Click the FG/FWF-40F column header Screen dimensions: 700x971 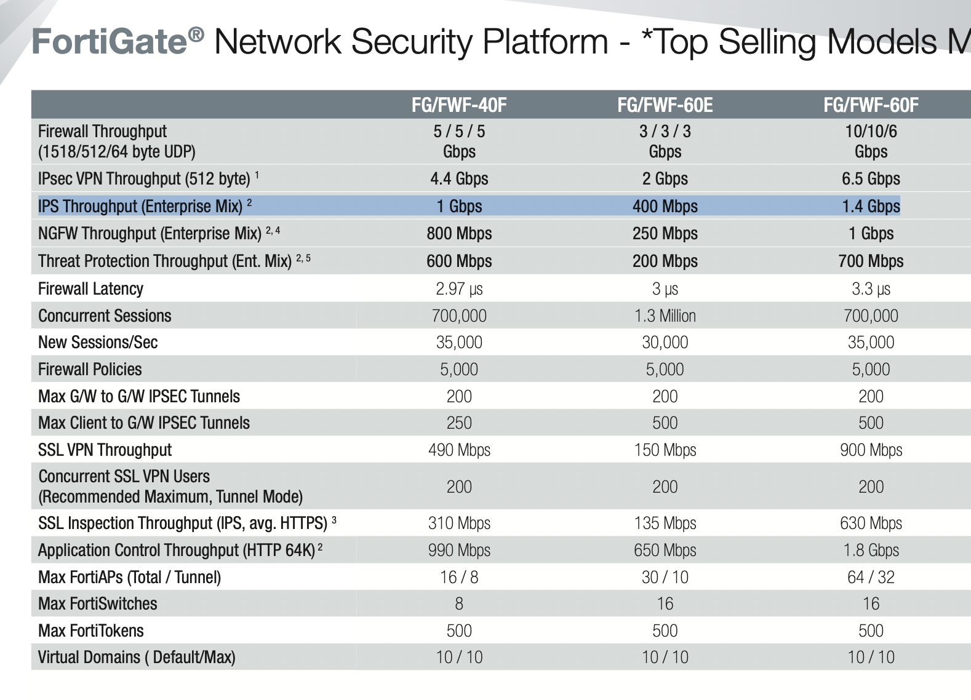pyautogui.click(x=459, y=105)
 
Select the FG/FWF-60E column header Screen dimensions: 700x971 pyautogui.click(x=665, y=105)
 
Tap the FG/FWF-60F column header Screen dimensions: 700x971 pyautogui.click(x=871, y=105)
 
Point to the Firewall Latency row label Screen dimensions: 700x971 pyautogui.click(x=90, y=288)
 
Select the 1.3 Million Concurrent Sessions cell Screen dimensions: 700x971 pyautogui.click(x=665, y=316)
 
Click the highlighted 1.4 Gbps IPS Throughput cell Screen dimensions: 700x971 pyautogui.click(x=871, y=206)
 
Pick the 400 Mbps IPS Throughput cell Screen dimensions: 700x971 pyautogui.click(x=665, y=206)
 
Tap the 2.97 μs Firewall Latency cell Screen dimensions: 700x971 pyautogui.click(x=459, y=288)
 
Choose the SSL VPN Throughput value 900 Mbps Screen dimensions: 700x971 pyautogui.click(x=871, y=450)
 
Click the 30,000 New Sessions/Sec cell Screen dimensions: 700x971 pyautogui.click(x=665, y=342)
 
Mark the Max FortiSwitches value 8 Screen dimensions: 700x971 pyautogui.click(x=459, y=603)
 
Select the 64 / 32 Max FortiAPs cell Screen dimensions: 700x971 pyautogui.click(x=871, y=577)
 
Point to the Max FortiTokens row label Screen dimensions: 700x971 pyautogui.click(x=90, y=630)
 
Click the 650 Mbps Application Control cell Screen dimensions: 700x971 pyautogui.click(x=665, y=550)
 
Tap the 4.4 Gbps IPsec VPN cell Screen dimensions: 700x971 pyautogui.click(x=459, y=178)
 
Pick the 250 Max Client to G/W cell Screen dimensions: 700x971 pyautogui.click(x=459, y=423)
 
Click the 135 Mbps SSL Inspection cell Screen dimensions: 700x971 pyautogui.click(x=665, y=523)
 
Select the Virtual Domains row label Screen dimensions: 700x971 pyautogui.click(x=137, y=657)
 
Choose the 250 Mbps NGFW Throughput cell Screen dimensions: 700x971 pyautogui.click(x=665, y=233)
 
